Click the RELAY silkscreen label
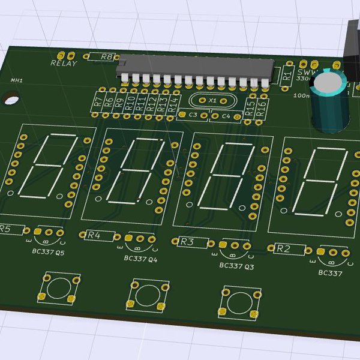tap(64, 63)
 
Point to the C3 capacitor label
tap(193, 114)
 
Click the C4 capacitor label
tap(226, 116)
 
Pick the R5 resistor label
tap(5, 229)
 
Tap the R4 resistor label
tap(94, 235)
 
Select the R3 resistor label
tap(187, 242)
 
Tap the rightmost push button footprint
tap(240, 302)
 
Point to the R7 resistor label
tap(98, 103)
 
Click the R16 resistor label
tap(262, 109)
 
